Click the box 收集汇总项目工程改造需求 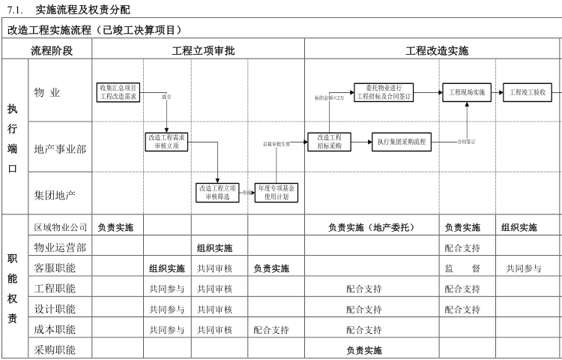click(x=118, y=92)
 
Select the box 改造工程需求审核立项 click(x=166, y=142)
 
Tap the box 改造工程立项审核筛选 click(x=217, y=192)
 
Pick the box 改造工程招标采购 click(x=329, y=142)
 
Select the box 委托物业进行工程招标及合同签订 click(x=383, y=92)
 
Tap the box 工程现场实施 click(x=467, y=92)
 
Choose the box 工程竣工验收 click(x=527, y=92)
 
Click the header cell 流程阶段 click(x=51, y=51)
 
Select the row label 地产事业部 click(x=60, y=148)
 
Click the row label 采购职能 click(x=55, y=349)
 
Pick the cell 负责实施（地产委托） click(x=371, y=227)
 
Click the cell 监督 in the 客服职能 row click(x=462, y=268)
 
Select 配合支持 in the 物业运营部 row click(x=462, y=247)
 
